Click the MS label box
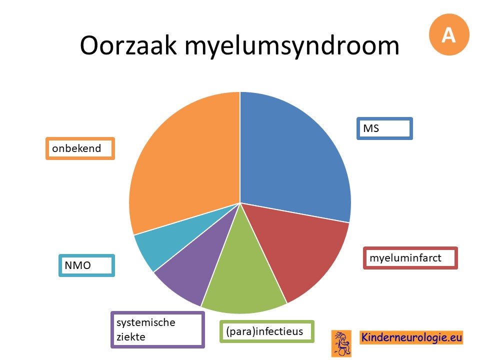click(x=384, y=128)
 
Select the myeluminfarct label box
click(x=410, y=258)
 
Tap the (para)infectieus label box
click(x=267, y=331)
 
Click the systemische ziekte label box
click(x=157, y=329)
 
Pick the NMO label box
click(x=86, y=265)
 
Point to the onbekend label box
click(x=80, y=148)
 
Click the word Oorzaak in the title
click(x=128, y=45)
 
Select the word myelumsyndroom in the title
click(x=292, y=46)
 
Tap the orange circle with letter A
click(x=449, y=34)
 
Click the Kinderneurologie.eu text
click(x=411, y=337)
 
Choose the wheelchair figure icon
click(x=341, y=343)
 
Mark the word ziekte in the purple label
click(x=130, y=336)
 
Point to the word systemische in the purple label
click(x=145, y=322)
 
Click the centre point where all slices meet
click(x=240, y=203)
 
